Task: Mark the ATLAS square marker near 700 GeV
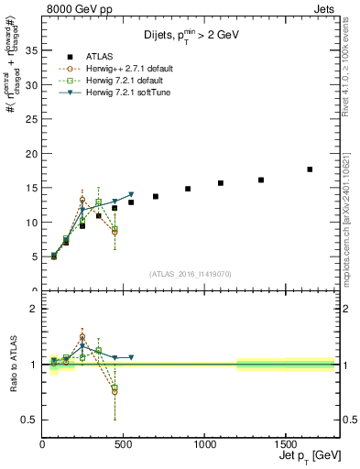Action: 156,196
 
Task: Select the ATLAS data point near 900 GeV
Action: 188,189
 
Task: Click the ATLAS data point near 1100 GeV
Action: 221,183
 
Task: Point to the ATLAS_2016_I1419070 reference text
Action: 190,274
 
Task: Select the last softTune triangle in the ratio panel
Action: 131,357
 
